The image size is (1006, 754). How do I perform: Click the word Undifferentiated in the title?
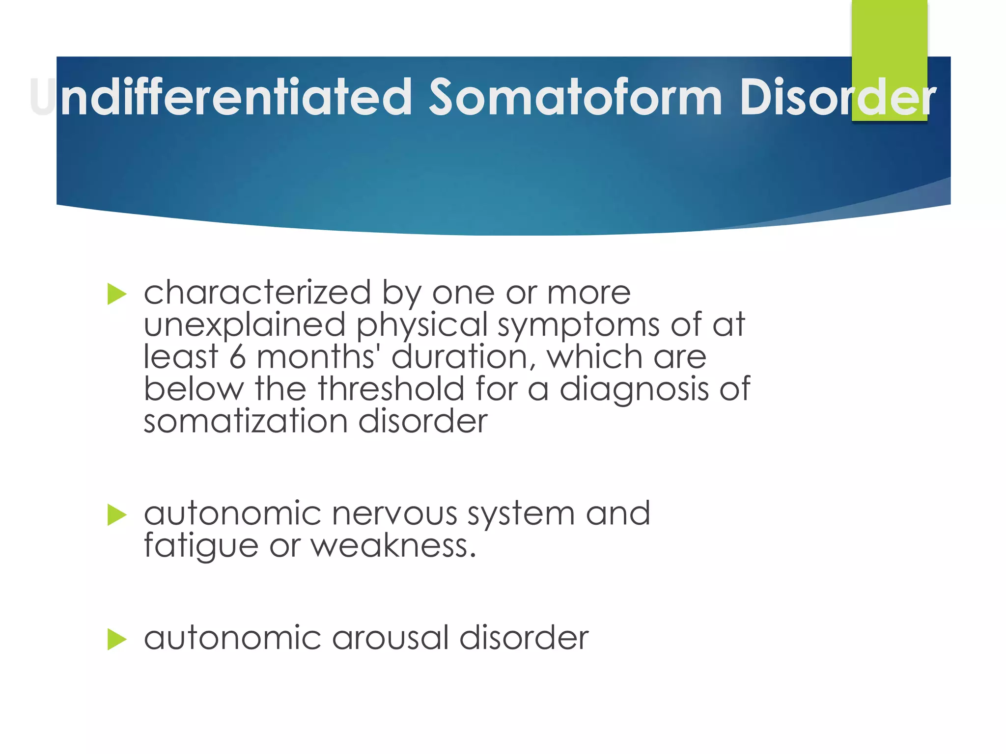(x=221, y=97)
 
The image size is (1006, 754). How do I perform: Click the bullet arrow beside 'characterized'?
(x=117, y=294)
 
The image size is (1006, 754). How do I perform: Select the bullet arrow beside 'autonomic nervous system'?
(x=117, y=515)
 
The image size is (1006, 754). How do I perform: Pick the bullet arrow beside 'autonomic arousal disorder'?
(x=117, y=639)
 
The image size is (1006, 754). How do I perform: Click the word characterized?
(x=257, y=293)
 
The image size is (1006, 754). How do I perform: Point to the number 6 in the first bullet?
(x=237, y=357)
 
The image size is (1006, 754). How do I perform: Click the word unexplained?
(x=245, y=326)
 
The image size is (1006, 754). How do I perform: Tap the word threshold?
(x=391, y=389)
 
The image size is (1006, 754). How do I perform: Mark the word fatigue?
(x=201, y=547)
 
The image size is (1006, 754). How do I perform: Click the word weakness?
(x=393, y=546)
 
